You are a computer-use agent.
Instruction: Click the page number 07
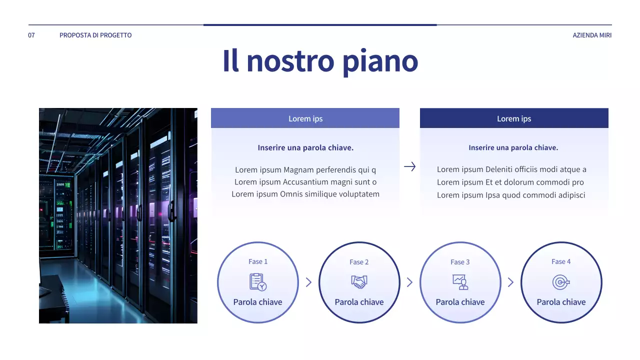click(31, 35)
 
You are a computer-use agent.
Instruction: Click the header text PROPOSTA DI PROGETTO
click(95, 35)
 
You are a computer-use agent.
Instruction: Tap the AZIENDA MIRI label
click(592, 35)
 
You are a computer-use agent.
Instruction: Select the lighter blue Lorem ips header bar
click(305, 118)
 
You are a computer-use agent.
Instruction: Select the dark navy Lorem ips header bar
click(514, 118)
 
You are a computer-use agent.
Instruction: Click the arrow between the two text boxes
click(409, 167)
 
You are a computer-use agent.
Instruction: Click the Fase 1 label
click(258, 261)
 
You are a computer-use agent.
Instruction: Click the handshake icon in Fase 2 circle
click(359, 282)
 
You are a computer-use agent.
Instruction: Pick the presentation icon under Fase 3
click(460, 282)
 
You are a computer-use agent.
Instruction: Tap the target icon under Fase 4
click(561, 282)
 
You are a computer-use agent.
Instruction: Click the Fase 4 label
click(561, 261)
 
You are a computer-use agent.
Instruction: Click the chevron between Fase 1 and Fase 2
click(308, 282)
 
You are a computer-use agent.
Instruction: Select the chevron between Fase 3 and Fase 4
click(510, 282)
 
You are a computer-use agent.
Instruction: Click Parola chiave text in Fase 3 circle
click(460, 302)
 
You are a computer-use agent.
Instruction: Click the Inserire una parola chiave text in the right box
click(513, 147)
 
